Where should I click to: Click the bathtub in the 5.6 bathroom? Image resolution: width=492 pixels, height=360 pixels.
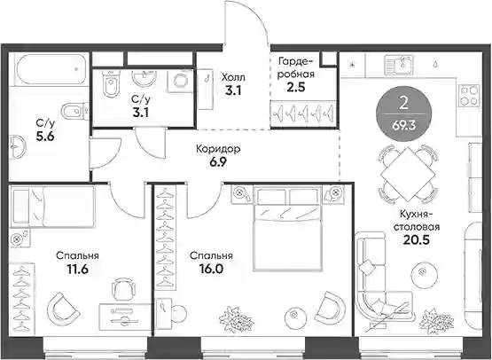tap(51, 69)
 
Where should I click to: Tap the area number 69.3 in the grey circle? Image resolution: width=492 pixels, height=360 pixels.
tap(403, 126)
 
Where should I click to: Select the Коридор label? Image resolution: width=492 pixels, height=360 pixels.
tap(218, 149)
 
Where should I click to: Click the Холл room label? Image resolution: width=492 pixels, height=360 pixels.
tap(233, 77)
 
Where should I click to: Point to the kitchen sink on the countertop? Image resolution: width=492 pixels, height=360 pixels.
tap(399, 66)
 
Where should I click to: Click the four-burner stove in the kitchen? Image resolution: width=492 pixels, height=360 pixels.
tap(470, 96)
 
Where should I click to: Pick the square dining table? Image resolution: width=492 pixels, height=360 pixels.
tap(407, 174)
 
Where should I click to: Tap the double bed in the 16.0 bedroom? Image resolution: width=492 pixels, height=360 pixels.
tap(288, 228)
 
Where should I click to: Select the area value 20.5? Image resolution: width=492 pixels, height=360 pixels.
tap(416, 239)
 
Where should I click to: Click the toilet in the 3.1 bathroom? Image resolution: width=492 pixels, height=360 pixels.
tap(111, 83)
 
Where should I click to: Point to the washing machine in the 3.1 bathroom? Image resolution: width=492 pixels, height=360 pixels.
tap(180, 81)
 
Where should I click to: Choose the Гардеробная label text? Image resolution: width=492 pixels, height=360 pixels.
tap(295, 67)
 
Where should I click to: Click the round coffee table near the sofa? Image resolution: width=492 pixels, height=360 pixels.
tap(424, 274)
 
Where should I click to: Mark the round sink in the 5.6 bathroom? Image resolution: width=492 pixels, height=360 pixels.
tap(18, 147)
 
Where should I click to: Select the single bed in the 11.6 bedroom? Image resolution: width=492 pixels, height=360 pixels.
tap(52, 207)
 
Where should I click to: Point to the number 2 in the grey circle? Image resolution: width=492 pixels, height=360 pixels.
tap(403, 103)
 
